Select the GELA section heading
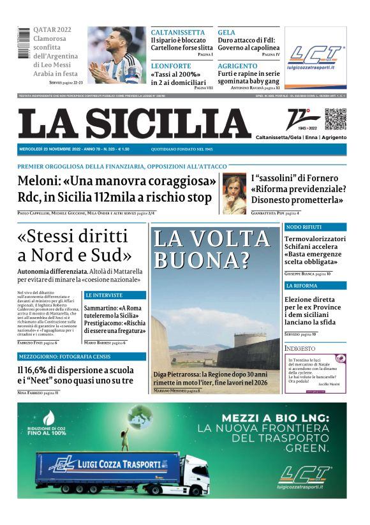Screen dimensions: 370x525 pos(226,33)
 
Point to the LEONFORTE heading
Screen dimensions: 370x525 pos(172,66)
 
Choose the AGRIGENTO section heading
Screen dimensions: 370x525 pos(237,66)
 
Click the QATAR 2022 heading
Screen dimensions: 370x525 pos(52,30)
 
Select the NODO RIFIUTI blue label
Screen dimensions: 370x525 pos(304,227)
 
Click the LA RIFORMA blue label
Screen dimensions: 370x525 pos(301,286)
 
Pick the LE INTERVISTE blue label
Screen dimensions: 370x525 pos(104,295)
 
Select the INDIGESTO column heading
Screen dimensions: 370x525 pos(300,348)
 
